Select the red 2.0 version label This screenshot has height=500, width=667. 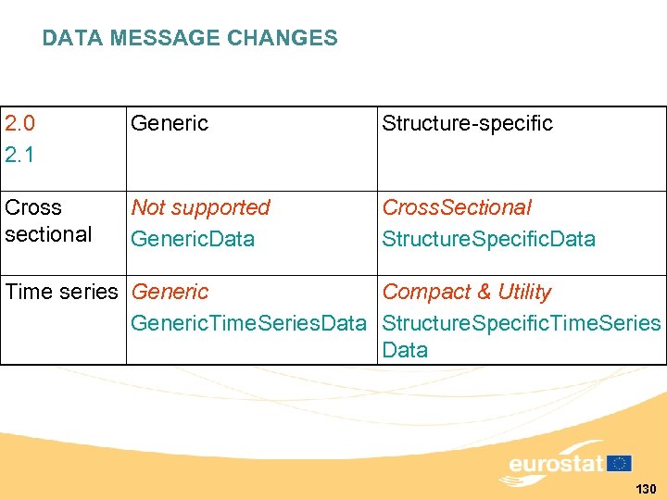pyautogui.click(x=19, y=123)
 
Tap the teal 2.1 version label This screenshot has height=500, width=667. pyautogui.click(x=19, y=155)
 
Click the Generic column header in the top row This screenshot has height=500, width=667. pyautogui.click(x=170, y=123)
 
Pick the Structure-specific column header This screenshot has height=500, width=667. pyautogui.click(x=467, y=123)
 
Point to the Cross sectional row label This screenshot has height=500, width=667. pyautogui.click(x=48, y=220)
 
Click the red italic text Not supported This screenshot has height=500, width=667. pyautogui.click(x=200, y=207)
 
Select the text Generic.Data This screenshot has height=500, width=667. pyautogui.click(x=193, y=239)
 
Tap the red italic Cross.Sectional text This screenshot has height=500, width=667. pyautogui.click(x=457, y=207)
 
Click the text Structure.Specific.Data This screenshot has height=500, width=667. pyautogui.click(x=488, y=239)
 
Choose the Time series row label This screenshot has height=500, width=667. pyautogui.click(x=62, y=292)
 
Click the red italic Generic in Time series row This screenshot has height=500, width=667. pyautogui.click(x=170, y=292)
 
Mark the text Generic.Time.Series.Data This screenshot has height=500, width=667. pyautogui.click(x=249, y=323)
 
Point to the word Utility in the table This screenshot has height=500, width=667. pyautogui.click(x=523, y=292)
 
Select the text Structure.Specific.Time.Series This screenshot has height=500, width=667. pyautogui.click(x=521, y=323)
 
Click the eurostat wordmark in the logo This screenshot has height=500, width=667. pyautogui.click(x=556, y=464)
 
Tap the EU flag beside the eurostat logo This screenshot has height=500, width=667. pyautogui.click(x=620, y=463)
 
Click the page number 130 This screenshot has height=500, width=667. pyautogui.click(x=646, y=489)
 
